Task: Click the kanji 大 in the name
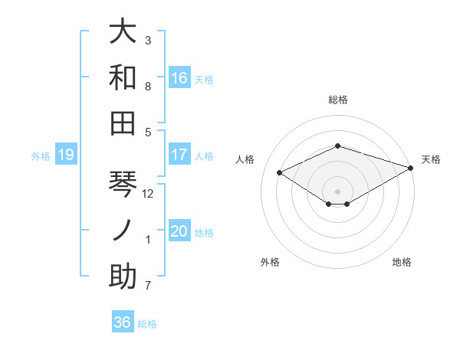click(123, 31)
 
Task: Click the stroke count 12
click(149, 194)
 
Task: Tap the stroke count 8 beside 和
click(148, 87)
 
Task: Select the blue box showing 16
click(179, 78)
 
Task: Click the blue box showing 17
click(179, 155)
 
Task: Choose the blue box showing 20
click(179, 232)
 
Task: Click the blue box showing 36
click(123, 322)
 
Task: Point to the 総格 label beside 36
click(147, 324)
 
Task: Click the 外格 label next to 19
click(41, 156)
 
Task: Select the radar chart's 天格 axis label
click(432, 159)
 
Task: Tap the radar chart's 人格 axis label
click(245, 159)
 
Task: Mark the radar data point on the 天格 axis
click(412, 167)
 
